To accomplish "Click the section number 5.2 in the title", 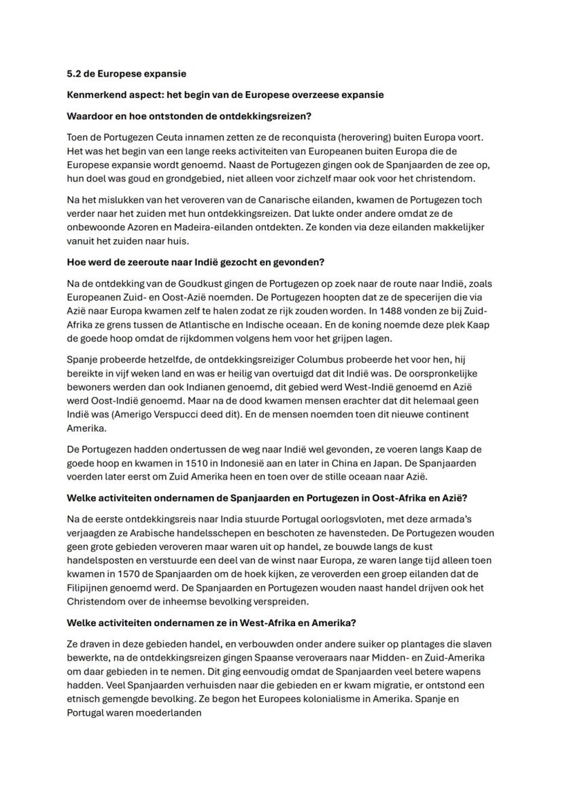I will click(x=74, y=73).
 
